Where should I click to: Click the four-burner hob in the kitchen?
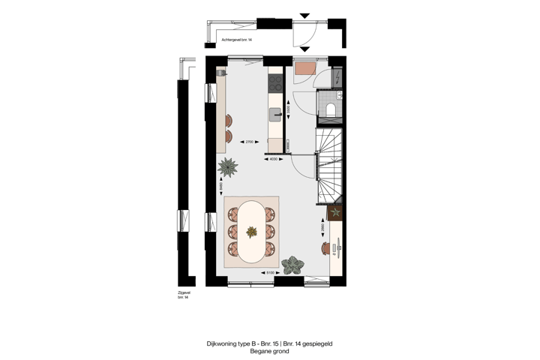[275, 82]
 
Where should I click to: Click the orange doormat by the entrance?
[305, 69]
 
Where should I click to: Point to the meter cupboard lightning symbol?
[337, 77]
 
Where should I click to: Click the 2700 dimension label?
[250, 141]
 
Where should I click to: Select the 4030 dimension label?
[274, 159]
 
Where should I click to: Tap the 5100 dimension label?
[269, 273]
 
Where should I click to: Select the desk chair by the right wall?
[325, 247]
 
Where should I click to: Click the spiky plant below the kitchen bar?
[226, 167]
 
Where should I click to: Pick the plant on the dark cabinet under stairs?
[336, 212]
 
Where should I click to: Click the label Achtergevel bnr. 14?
[236, 39]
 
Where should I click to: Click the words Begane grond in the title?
[269, 351]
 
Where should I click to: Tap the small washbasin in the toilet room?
[339, 95]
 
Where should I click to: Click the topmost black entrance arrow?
[304, 15]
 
